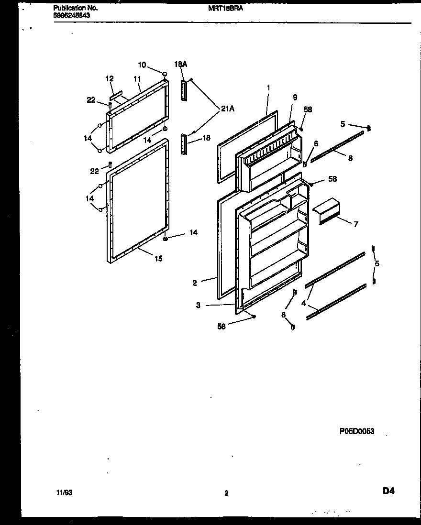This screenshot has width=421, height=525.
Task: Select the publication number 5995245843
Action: pyautogui.click(x=71, y=15)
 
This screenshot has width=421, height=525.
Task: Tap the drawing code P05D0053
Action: pyautogui.click(x=356, y=431)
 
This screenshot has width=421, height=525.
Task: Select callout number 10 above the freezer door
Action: pyautogui.click(x=142, y=65)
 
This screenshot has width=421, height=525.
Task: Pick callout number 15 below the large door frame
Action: pyautogui.click(x=158, y=259)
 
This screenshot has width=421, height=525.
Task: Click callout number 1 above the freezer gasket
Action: pyautogui.click(x=269, y=87)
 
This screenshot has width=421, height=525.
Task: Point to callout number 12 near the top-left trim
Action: pyautogui.click(x=110, y=78)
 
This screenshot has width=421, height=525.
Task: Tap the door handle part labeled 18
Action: pyautogui.click(x=183, y=144)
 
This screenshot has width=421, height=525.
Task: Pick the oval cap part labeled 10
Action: pyautogui.click(x=165, y=74)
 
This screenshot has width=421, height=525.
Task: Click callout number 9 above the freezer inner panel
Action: pyautogui.click(x=295, y=97)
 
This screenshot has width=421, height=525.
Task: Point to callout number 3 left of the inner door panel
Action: pyautogui.click(x=198, y=306)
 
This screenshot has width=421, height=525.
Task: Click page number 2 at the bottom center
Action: pyautogui.click(x=226, y=493)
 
